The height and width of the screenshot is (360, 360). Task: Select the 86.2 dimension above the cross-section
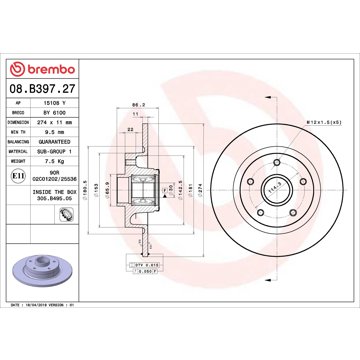pos(139,103)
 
